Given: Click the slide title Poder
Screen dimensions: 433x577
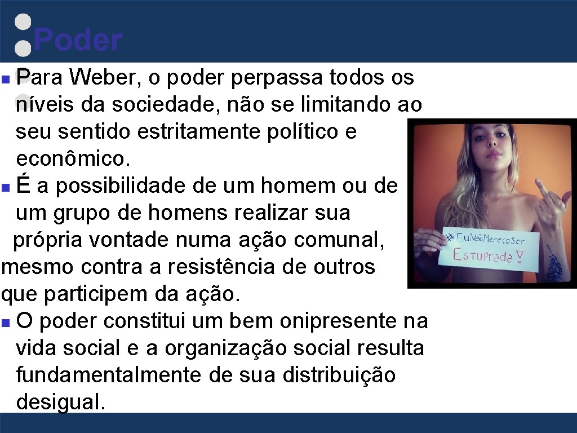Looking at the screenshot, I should (x=77, y=41).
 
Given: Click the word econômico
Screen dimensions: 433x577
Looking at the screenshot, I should (x=73, y=158).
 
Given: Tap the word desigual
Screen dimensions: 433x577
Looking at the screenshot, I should (x=61, y=402).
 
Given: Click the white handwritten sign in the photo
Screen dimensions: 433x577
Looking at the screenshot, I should (x=490, y=249).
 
